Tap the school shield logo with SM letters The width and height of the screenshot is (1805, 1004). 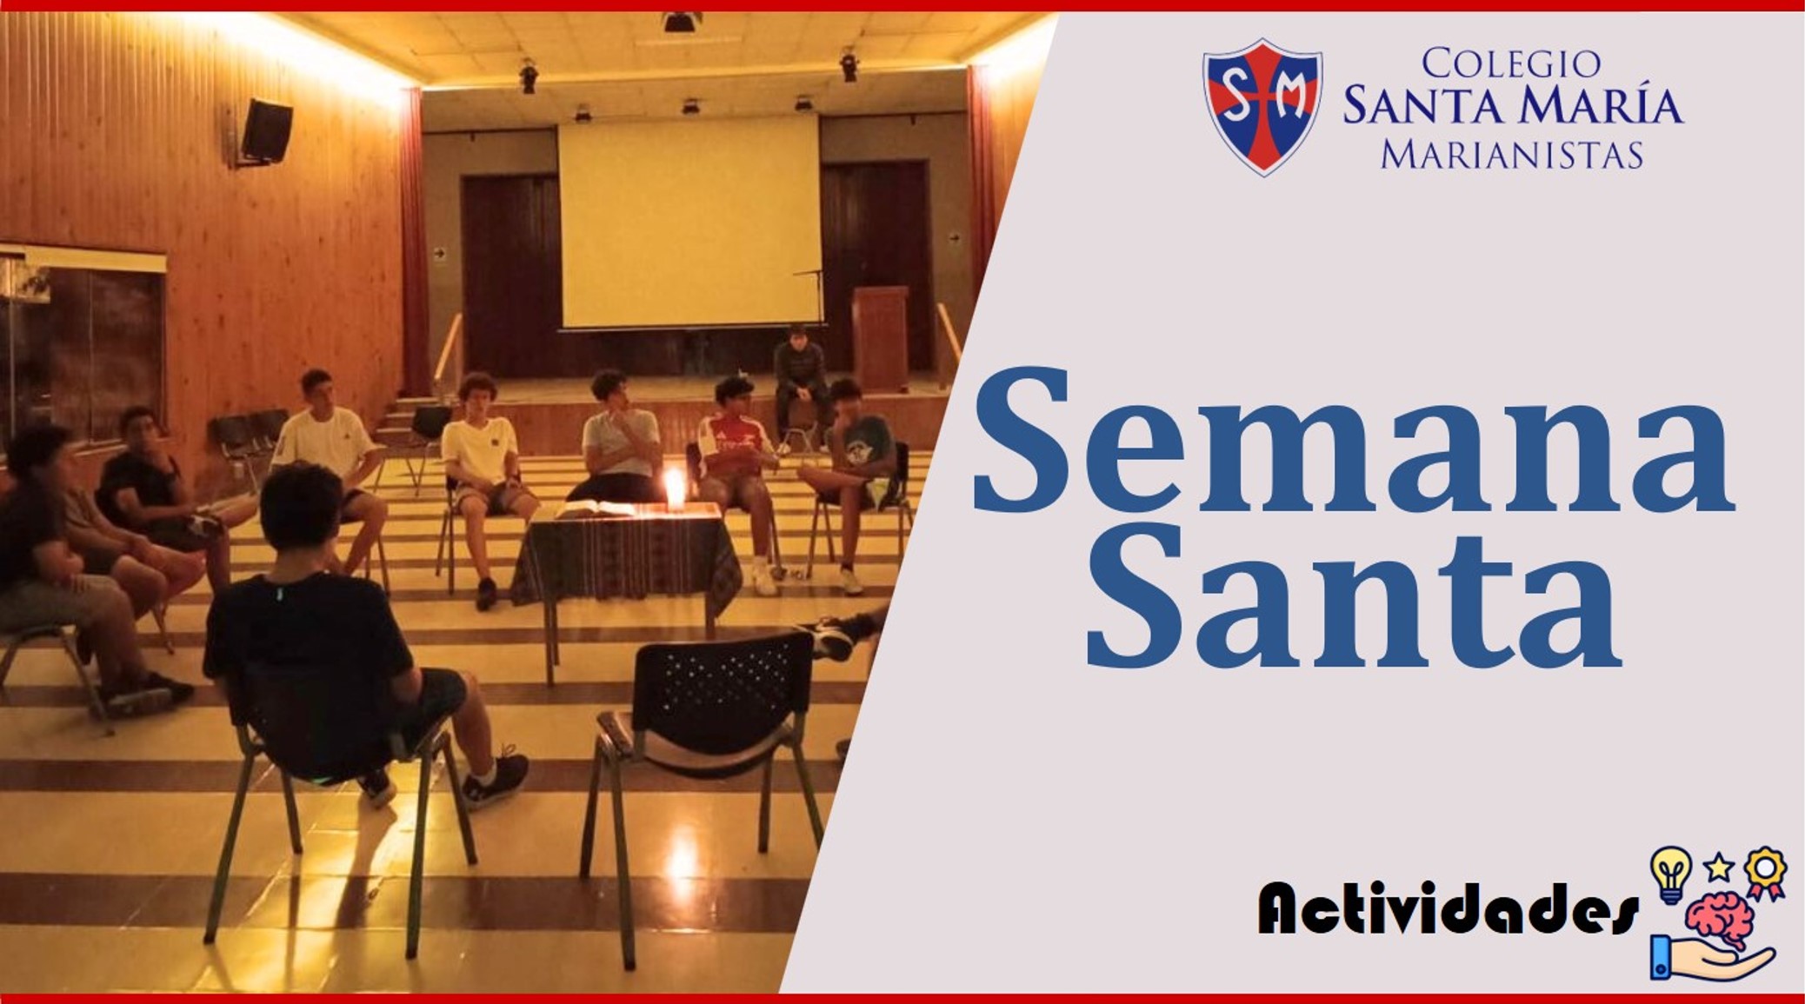coord(1262,106)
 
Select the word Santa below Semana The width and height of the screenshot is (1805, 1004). coord(1352,601)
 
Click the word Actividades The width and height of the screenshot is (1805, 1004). coord(1448,908)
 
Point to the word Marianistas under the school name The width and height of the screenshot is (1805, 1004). coord(1512,154)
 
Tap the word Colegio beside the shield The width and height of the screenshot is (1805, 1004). coord(1511,63)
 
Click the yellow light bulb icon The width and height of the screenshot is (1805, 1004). coord(1670,874)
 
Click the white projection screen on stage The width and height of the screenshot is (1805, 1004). coord(689,222)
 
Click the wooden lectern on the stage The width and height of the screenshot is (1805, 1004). coord(879,338)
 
